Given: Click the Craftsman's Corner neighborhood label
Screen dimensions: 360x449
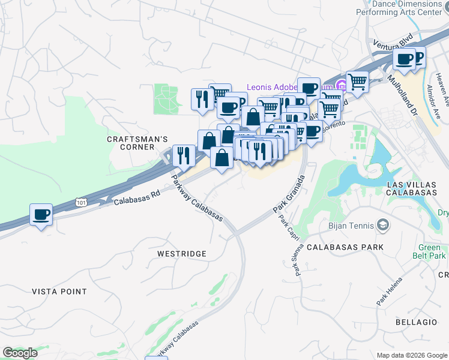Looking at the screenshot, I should [137, 143].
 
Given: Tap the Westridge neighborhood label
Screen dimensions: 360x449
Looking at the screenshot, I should [181, 254].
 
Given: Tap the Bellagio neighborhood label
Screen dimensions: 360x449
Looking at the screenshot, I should [416, 322].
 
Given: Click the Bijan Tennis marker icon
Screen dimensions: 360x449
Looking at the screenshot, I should [383, 226].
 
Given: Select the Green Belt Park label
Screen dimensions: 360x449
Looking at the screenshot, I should [432, 251].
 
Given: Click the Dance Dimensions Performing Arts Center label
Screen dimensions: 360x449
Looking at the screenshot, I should [409, 7].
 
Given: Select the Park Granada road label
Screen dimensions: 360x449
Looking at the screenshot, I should [289, 194].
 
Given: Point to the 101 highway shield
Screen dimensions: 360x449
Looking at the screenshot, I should [81, 203].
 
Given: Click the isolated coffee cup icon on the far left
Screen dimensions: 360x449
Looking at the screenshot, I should [41, 215].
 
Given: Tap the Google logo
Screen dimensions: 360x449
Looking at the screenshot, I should [20, 353].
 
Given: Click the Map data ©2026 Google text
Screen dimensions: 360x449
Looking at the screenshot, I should [411, 355].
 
